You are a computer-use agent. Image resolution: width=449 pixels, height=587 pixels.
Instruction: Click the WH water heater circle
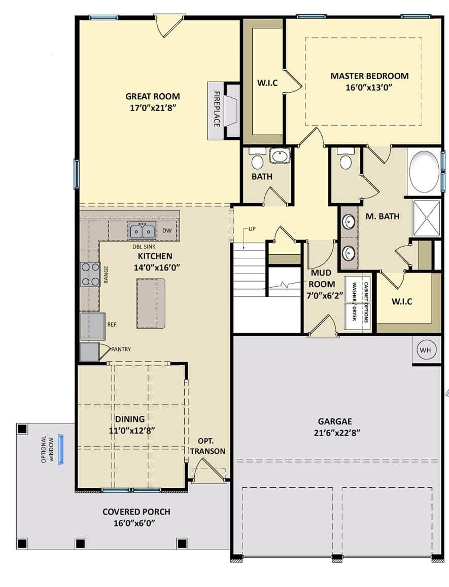[x=425, y=350]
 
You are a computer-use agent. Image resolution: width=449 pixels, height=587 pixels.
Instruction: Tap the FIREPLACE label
[x=217, y=109]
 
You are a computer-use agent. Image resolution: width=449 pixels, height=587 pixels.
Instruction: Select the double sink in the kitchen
[x=143, y=231]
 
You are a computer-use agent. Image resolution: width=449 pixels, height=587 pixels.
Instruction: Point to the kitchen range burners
[x=90, y=274]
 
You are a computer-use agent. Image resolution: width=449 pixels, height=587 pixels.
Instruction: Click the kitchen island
[x=151, y=303]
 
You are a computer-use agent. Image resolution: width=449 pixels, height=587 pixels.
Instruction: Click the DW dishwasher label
[x=167, y=230]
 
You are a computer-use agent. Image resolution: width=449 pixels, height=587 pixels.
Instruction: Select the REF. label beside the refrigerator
[x=113, y=325]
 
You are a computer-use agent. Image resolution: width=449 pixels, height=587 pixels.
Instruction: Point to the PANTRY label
[x=121, y=349]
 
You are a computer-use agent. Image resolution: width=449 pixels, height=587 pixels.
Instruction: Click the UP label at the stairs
[x=252, y=228]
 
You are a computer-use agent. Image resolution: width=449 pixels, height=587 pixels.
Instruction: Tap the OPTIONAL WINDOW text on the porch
[x=48, y=449]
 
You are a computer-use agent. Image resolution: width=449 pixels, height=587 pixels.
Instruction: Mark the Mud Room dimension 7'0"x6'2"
[x=325, y=295]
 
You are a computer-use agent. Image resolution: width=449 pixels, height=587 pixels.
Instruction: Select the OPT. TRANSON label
[x=208, y=446]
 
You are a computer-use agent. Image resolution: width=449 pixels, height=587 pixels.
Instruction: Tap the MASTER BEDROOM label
[x=369, y=76]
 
